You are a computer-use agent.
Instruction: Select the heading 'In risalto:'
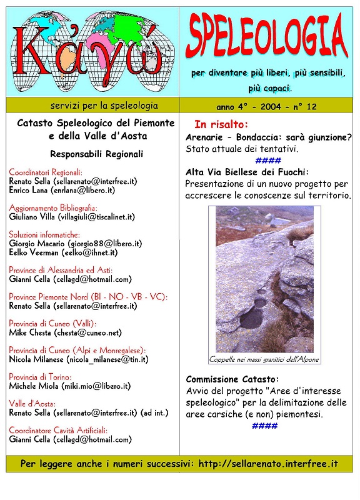pos(221,124)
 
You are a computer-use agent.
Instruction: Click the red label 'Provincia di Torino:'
pos(40,377)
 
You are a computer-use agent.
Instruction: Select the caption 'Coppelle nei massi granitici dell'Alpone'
pos(264,359)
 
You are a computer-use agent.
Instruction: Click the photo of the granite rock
pos(264,279)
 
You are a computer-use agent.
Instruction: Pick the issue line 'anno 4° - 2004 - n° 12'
pos(266,107)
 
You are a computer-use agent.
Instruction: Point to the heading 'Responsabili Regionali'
pos(97,153)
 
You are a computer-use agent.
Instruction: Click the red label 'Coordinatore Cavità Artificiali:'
pos(58,430)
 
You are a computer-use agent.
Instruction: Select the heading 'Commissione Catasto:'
pos(232,379)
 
